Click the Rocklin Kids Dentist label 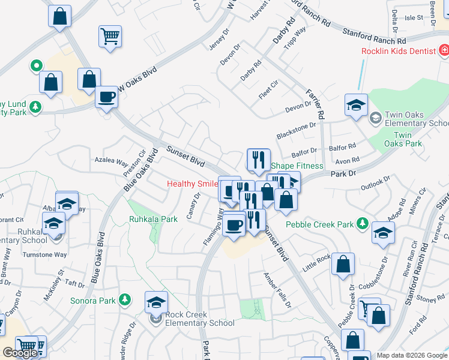(398, 51)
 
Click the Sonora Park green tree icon (125, 299)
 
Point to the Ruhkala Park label (153, 219)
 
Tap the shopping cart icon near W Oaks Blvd (110, 37)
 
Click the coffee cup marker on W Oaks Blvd (107, 97)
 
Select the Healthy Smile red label (191, 184)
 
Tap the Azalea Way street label (111, 162)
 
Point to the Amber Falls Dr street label (277, 289)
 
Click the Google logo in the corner (20, 353)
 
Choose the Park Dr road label (344, 173)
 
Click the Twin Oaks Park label (403, 139)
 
